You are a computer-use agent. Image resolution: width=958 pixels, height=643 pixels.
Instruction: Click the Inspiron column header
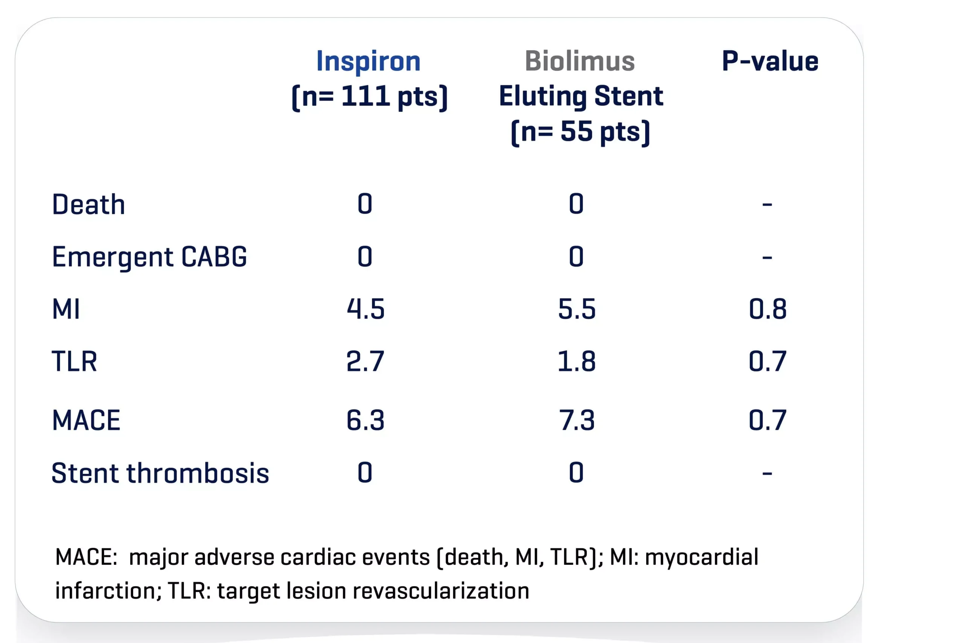tap(368, 61)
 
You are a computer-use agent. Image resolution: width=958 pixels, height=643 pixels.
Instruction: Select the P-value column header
tap(770, 61)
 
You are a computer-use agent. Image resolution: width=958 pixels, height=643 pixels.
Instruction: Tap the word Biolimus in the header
tap(580, 61)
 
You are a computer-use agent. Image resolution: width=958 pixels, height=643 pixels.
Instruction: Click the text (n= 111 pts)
tap(369, 97)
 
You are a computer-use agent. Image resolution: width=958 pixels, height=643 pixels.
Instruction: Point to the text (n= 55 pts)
tap(580, 132)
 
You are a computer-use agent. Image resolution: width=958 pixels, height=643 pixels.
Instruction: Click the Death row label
tap(89, 204)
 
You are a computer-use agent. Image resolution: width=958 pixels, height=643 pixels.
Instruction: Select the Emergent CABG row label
tap(150, 257)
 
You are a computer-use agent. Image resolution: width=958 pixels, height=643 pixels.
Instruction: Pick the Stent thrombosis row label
tap(160, 473)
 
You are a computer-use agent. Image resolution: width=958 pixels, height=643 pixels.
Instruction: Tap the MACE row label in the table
tap(86, 420)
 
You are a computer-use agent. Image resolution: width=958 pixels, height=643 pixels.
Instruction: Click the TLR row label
tap(74, 362)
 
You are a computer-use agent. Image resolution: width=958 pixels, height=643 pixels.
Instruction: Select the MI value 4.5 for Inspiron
tap(365, 309)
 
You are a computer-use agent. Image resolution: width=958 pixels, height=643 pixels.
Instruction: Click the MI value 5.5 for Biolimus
tap(576, 309)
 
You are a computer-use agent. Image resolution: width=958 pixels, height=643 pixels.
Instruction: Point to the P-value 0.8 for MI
tap(768, 309)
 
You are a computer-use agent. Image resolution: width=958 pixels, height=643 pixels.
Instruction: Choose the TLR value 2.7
tap(365, 362)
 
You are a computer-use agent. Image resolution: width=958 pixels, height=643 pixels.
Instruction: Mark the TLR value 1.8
tap(576, 362)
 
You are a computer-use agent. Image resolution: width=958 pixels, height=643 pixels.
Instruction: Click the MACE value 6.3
tap(365, 420)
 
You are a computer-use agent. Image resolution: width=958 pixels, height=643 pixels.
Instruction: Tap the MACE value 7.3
tap(576, 420)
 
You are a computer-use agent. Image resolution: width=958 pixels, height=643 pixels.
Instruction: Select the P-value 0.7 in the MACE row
tap(768, 420)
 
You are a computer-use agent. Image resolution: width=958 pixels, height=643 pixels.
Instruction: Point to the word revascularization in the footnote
tap(441, 591)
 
